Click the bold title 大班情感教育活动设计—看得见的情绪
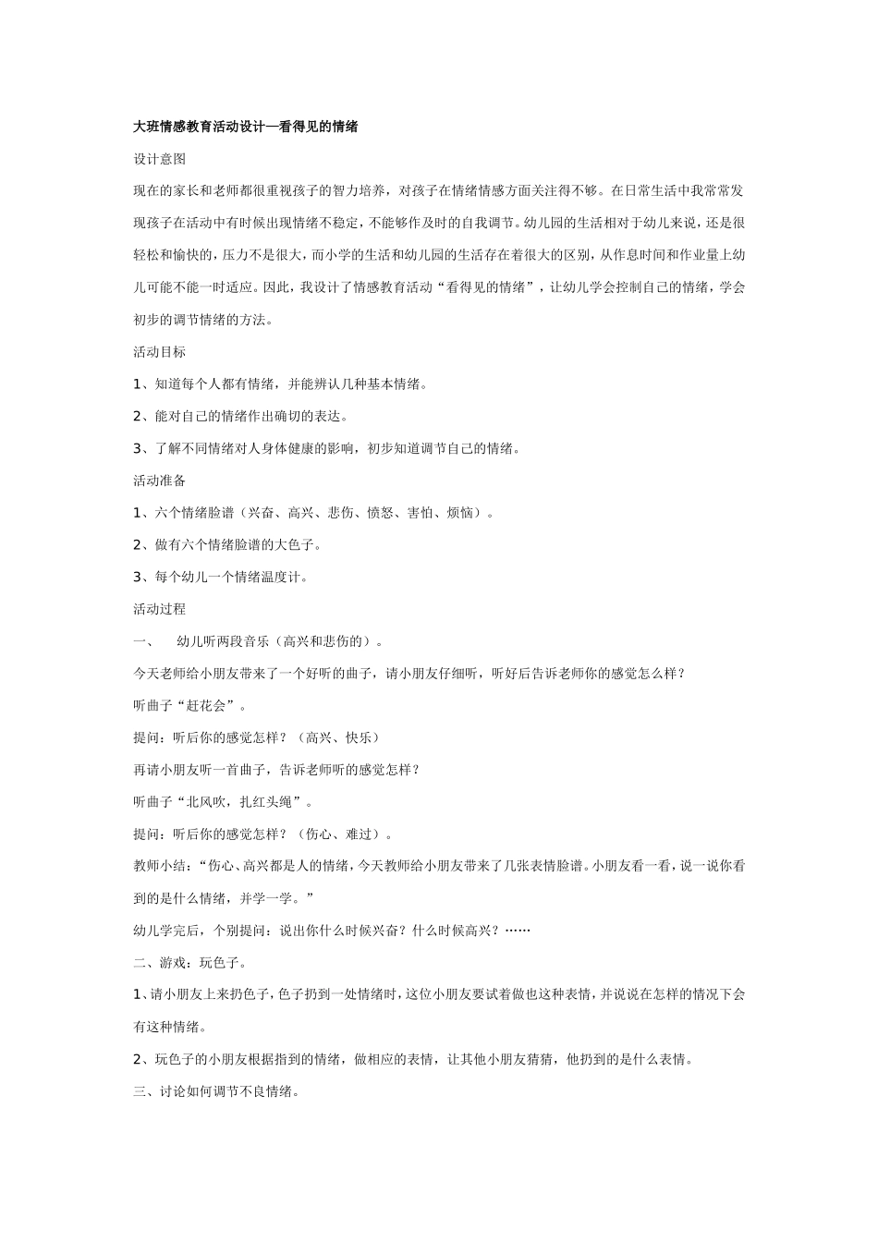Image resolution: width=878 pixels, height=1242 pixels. point(246,127)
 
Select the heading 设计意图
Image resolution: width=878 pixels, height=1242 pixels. point(160,159)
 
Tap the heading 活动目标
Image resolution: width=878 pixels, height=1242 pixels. point(160,351)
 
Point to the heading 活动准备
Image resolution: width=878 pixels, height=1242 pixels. point(160,481)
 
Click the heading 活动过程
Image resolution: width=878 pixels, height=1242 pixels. point(160,609)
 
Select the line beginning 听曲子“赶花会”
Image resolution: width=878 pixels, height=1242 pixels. point(190,706)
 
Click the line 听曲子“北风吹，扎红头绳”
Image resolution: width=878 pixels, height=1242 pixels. point(224,802)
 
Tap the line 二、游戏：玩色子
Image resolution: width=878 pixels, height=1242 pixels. point(190,963)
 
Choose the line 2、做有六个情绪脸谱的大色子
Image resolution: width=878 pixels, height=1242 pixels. point(227,545)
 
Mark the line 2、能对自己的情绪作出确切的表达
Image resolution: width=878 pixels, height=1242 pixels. point(240,417)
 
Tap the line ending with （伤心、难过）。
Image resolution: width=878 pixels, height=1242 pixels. point(263,834)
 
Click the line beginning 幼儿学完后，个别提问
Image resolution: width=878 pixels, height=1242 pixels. point(332,931)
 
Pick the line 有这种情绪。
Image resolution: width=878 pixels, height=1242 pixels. point(170,1027)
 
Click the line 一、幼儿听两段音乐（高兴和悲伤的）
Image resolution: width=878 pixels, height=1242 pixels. point(259,641)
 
